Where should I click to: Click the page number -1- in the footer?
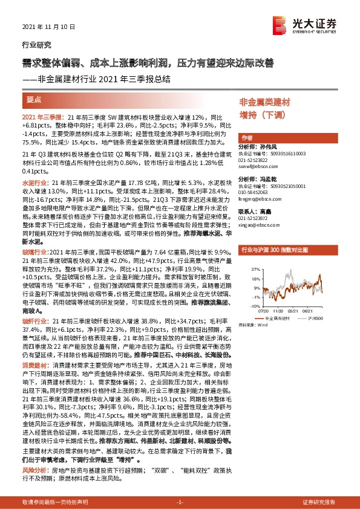[180, 502]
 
